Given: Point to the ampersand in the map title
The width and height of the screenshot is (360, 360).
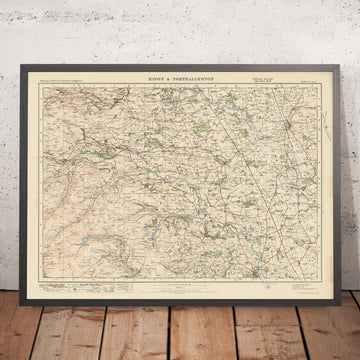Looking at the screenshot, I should (x=169, y=61).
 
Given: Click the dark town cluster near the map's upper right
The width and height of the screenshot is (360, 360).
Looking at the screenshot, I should (x=287, y=97).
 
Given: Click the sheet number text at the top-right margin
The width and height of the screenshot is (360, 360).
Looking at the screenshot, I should (x=310, y=66).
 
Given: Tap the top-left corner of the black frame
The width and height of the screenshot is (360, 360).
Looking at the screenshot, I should (x=18, y=47).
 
